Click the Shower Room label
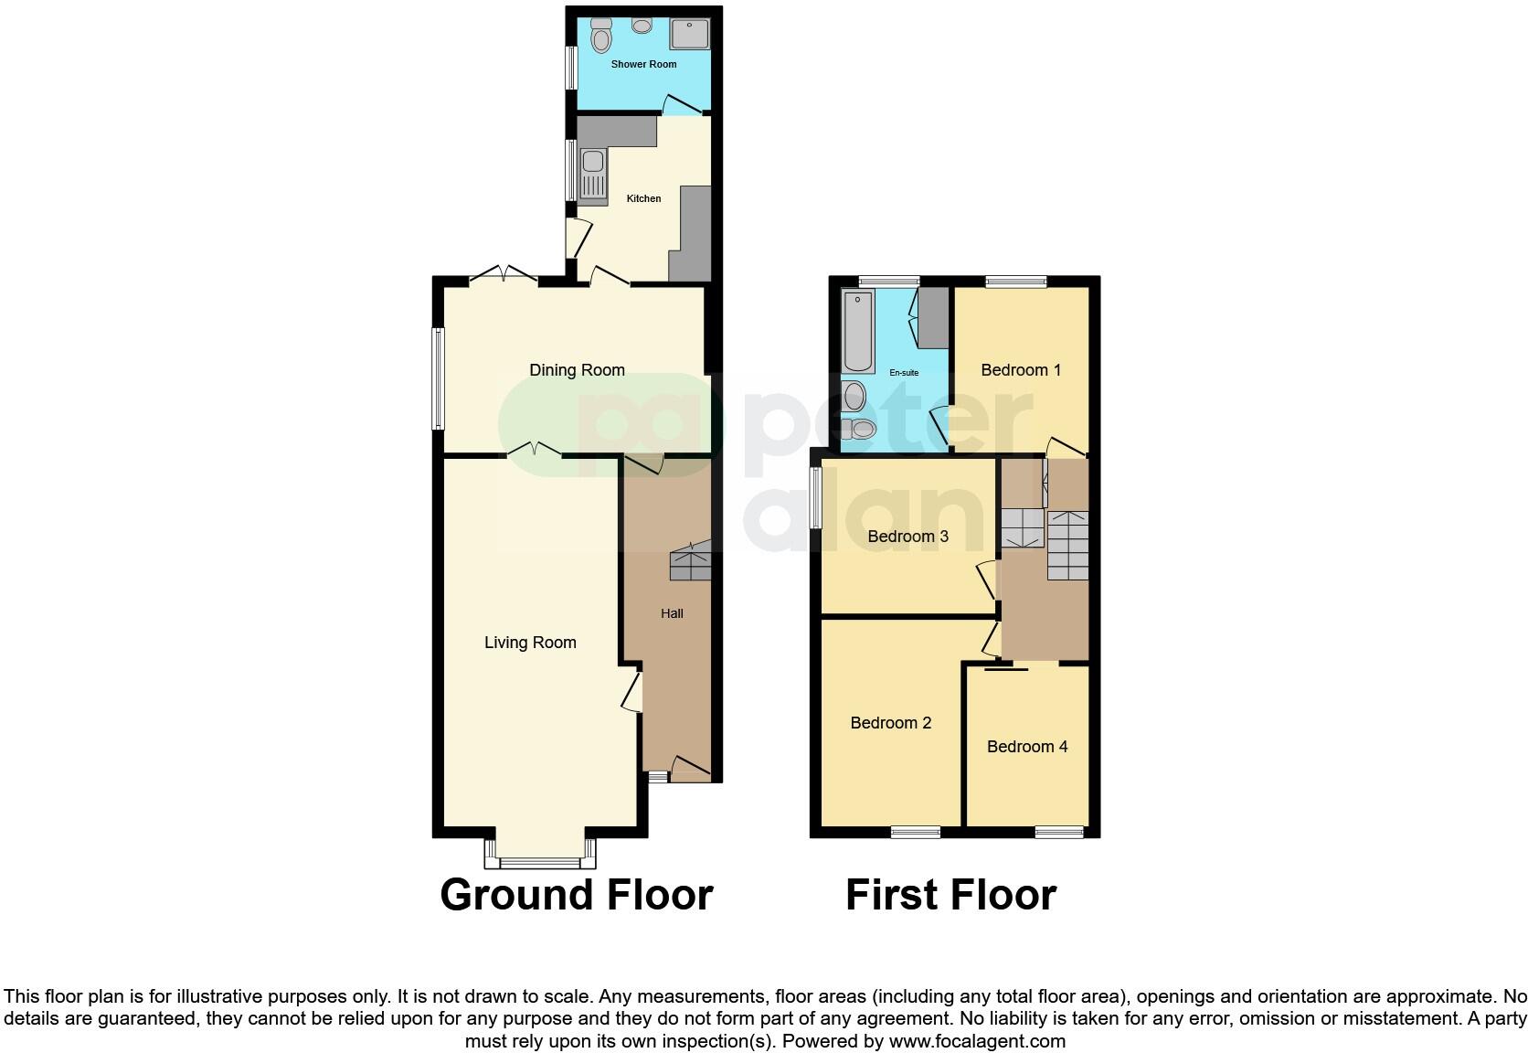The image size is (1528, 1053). pos(643,64)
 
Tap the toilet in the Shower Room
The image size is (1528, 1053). pos(600,37)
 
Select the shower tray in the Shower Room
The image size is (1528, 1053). pos(689,35)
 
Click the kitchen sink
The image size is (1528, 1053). pos(592,173)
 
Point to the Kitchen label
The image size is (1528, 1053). pos(643,198)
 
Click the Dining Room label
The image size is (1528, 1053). pos(577,370)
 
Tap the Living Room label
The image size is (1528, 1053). pos(530,643)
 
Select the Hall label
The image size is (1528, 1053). pos(672,613)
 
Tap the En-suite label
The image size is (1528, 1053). pos(904,373)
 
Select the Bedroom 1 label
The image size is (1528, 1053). pos(1020,370)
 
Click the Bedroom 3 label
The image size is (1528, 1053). pos(907,537)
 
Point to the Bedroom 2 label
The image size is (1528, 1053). pos(890,723)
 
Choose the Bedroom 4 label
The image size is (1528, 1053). pos(1026,747)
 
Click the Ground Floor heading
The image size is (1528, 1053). pos(576,895)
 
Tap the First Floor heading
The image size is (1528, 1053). pos(950,895)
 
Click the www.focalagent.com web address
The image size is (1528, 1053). pos(977,1041)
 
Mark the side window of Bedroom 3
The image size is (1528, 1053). pos(815,496)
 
